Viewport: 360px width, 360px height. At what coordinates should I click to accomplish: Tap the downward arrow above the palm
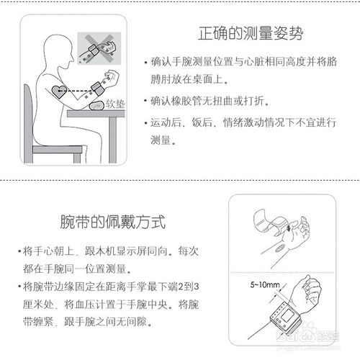pyautogui.click(x=287, y=229)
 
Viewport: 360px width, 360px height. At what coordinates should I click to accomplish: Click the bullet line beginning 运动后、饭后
pyautogui.click(x=245, y=123)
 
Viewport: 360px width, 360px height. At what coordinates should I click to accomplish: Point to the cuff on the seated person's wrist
pyautogui.click(x=96, y=87)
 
